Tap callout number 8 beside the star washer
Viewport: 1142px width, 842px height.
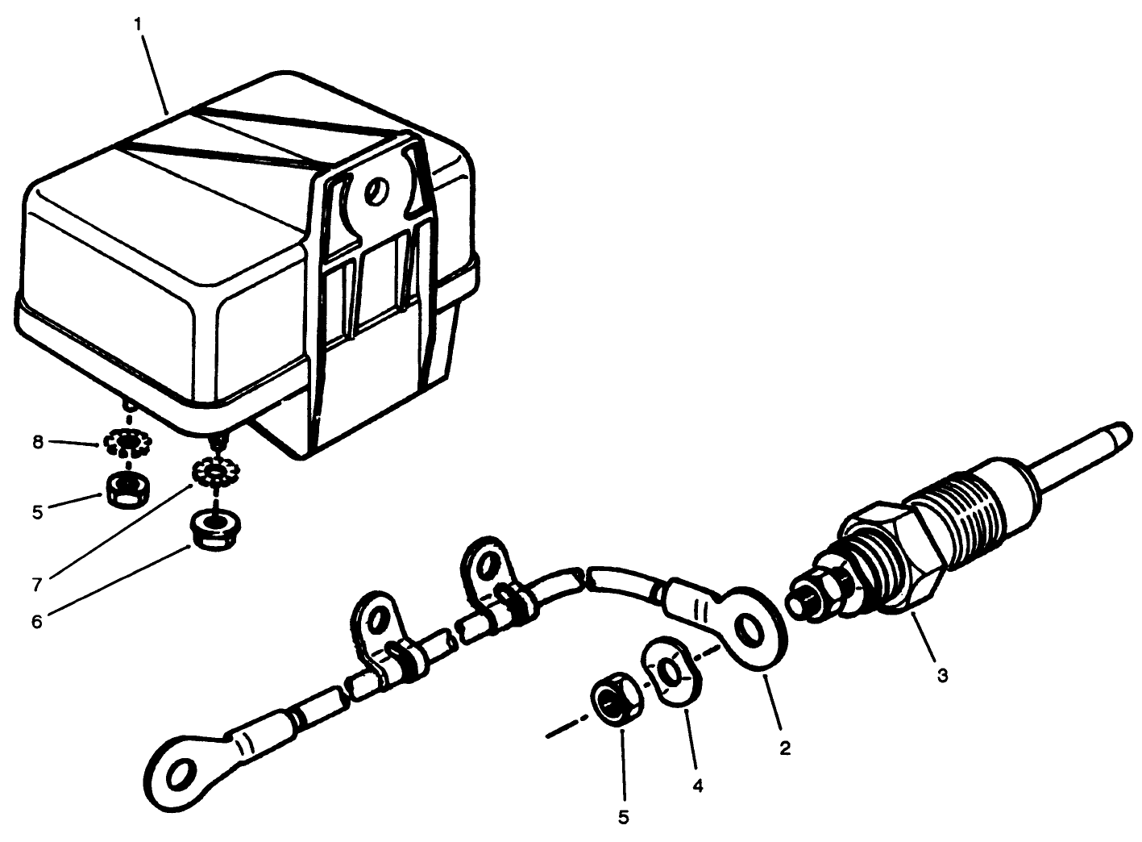[38, 443]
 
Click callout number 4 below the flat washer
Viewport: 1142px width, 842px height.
[699, 784]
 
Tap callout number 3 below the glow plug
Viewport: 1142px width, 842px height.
[942, 674]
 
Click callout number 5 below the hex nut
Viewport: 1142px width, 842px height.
[623, 816]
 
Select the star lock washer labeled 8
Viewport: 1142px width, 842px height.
[127, 442]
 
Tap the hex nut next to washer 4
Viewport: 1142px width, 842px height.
[617, 698]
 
